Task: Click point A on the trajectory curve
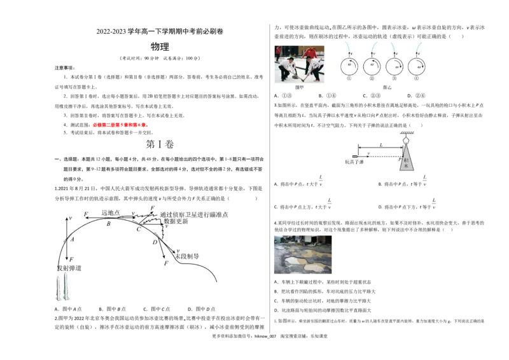tap(73, 240)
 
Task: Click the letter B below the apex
tap(108, 224)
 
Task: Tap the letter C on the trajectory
tap(138, 229)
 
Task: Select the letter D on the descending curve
tap(155, 242)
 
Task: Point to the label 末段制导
tap(187, 256)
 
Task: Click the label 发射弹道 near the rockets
tap(69, 268)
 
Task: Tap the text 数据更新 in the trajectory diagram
tap(176, 221)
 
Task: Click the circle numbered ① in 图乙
tap(349, 67)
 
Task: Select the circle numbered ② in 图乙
tap(372, 67)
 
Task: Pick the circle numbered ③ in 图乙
tap(394, 67)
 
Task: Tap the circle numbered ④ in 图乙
tap(417, 67)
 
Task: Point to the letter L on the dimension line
tap(380, 146)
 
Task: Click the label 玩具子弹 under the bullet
tap(354, 162)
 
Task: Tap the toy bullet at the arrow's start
tap(354, 155)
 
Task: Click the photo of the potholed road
tap(303, 254)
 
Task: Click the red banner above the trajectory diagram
tap(120, 125)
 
